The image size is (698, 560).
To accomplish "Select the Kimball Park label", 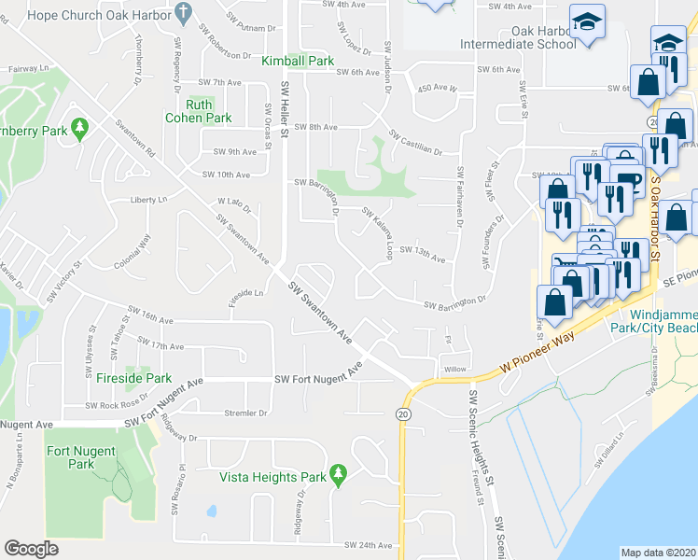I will (298, 61).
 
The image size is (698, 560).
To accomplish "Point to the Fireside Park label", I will (133, 378).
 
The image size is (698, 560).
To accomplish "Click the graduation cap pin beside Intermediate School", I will (588, 22).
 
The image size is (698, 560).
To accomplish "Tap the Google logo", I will (31, 549).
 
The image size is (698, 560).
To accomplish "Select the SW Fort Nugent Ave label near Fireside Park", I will (317, 378).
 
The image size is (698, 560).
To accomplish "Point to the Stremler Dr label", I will (245, 412).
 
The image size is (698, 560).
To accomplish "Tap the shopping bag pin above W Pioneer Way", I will (555, 303).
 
